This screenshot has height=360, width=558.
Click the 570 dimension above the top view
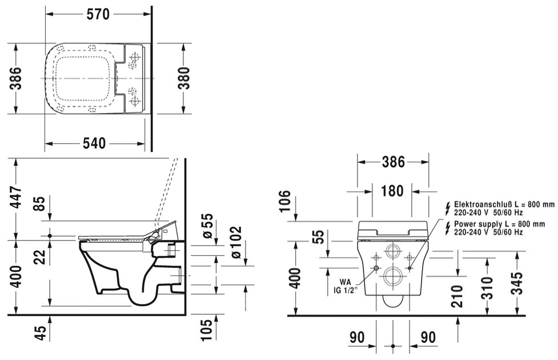[98, 14]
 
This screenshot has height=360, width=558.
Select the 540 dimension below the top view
[94, 143]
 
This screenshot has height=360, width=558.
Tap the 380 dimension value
[184, 78]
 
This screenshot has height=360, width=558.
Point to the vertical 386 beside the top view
[16, 78]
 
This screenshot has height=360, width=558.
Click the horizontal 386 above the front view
[394, 162]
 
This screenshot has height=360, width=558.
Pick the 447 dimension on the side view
[16, 198]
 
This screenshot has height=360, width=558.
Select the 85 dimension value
[41, 203]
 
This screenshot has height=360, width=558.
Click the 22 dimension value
[41, 257]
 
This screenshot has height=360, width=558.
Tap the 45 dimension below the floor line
[41, 333]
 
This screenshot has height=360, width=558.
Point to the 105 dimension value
[206, 330]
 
